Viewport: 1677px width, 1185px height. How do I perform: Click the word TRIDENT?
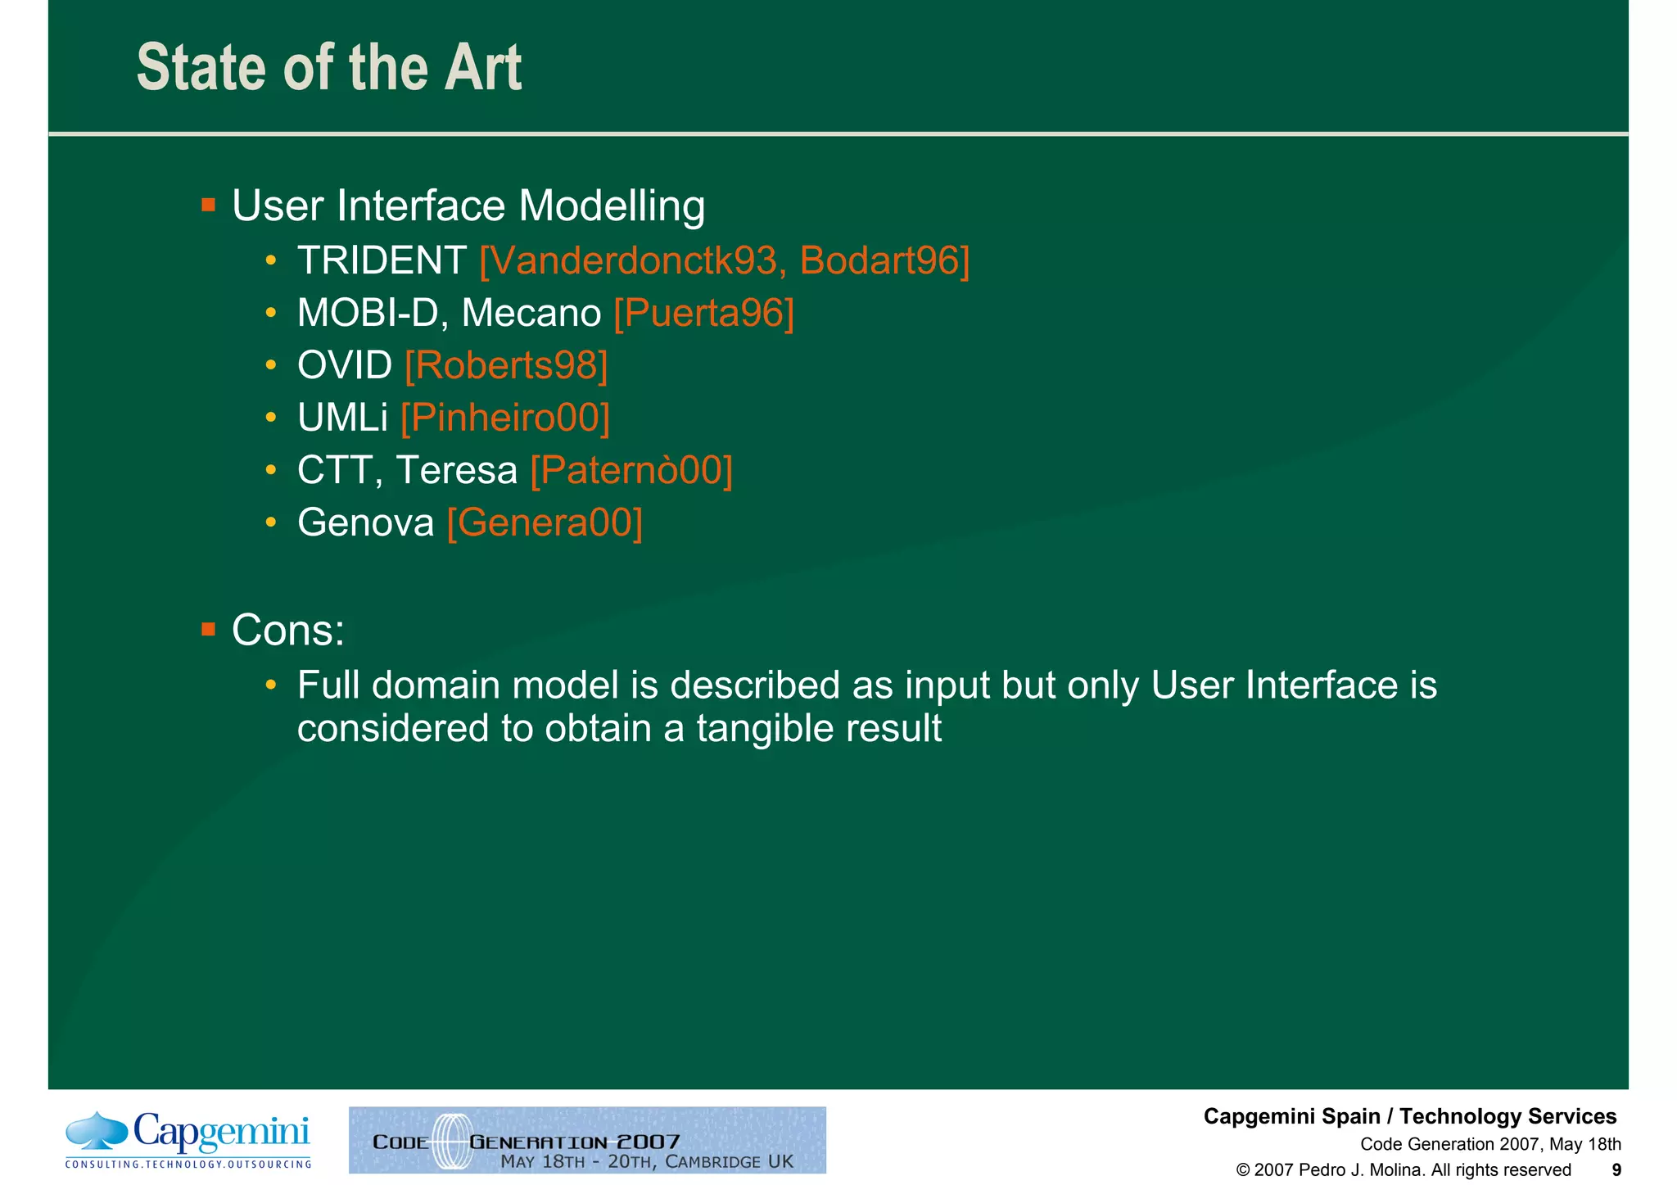pyautogui.click(x=382, y=260)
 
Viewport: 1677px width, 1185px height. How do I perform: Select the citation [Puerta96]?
pyautogui.click(x=703, y=313)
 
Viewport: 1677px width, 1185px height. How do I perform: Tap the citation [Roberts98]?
pyautogui.click(x=506, y=365)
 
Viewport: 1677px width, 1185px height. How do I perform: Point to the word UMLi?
pyautogui.click(x=342, y=418)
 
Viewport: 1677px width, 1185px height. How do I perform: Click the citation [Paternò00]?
pyautogui.click(x=631, y=470)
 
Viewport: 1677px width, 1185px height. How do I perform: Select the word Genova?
pyautogui.click(x=365, y=522)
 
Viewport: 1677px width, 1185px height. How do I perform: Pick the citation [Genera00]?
pyautogui.click(x=545, y=522)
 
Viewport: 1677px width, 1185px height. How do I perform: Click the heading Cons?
pyautogui.click(x=288, y=630)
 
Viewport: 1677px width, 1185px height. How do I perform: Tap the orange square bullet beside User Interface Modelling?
pyautogui.click(x=208, y=204)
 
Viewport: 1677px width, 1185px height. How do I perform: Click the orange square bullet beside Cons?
pyautogui.click(x=208, y=629)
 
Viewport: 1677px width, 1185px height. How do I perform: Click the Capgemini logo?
pyautogui.click(x=188, y=1139)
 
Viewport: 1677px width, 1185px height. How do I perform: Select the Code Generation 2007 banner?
pyautogui.click(x=587, y=1139)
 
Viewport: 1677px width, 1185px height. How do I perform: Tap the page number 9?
pyautogui.click(x=1616, y=1169)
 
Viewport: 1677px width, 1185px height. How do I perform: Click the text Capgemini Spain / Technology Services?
pyautogui.click(x=1409, y=1116)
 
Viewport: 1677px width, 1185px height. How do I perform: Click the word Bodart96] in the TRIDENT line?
pyautogui.click(x=884, y=260)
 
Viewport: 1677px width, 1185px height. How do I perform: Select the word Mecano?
pyautogui.click(x=531, y=313)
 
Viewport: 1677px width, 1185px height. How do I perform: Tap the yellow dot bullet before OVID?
pyautogui.click(x=270, y=365)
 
